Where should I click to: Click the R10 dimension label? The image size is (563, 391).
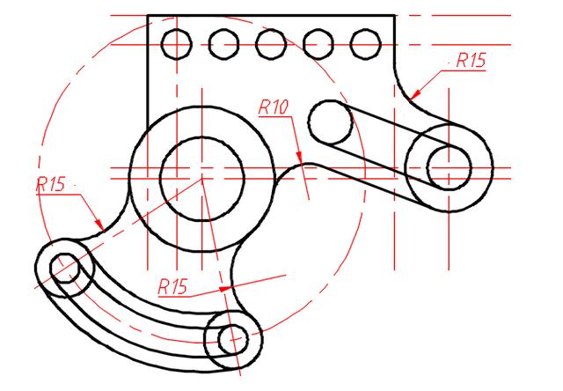(274, 107)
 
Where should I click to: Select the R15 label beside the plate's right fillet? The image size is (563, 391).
(470, 61)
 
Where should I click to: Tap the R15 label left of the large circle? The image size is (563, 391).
(51, 184)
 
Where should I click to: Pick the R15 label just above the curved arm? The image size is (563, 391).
(173, 285)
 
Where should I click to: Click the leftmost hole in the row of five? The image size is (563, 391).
(177, 41)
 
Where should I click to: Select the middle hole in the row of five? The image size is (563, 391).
(271, 41)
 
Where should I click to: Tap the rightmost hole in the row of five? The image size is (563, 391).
(364, 41)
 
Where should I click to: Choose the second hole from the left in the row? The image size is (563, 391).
(224, 41)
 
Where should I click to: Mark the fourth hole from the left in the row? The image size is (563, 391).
(318, 41)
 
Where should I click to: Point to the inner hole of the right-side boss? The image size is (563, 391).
(450, 167)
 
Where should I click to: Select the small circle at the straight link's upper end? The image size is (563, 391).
(329, 121)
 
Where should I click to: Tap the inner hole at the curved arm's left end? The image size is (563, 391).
(64, 266)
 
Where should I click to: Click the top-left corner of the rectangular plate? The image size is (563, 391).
(147, 15)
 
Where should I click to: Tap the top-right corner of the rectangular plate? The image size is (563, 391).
(394, 15)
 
